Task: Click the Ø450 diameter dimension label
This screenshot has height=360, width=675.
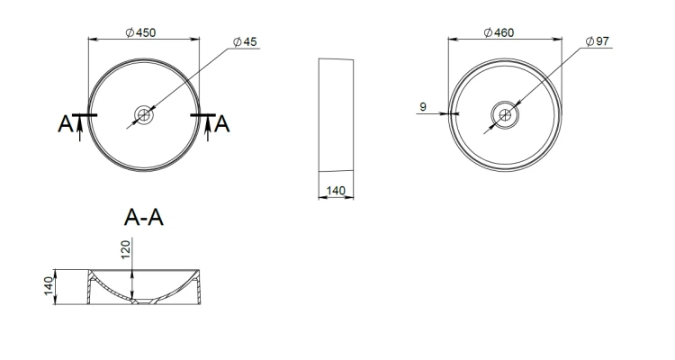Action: [140, 32]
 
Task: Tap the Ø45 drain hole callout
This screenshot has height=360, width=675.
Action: [245, 41]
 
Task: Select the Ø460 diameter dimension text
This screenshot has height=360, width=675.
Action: [499, 32]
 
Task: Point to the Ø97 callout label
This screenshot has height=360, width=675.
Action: [598, 41]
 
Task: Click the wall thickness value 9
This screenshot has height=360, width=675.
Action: [423, 107]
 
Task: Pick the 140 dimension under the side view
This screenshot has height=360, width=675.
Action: [336, 190]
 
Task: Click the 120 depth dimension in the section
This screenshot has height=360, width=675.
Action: [125, 250]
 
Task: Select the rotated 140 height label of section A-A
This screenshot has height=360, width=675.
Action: [49, 286]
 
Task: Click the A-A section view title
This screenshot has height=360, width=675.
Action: [144, 218]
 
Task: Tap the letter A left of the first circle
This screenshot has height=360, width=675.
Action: [65, 124]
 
